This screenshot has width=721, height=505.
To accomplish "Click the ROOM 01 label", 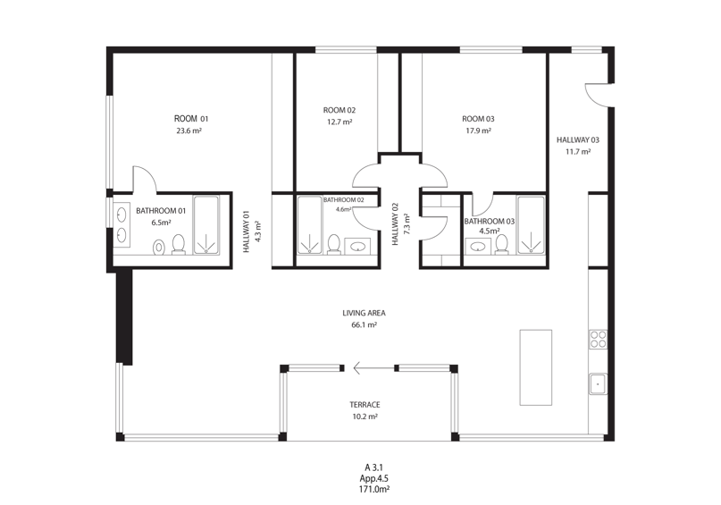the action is pyautogui.click(x=191, y=119).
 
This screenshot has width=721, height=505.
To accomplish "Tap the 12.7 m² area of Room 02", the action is pyautogui.click(x=340, y=122).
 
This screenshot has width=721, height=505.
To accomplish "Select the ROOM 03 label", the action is pyautogui.click(x=478, y=119).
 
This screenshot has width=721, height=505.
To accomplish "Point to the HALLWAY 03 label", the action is pyautogui.click(x=578, y=140).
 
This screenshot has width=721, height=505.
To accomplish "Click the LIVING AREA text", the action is pyautogui.click(x=364, y=313).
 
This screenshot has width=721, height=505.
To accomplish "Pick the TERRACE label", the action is pyautogui.click(x=365, y=405).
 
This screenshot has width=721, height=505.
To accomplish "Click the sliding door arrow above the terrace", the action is pyautogui.click(x=373, y=368).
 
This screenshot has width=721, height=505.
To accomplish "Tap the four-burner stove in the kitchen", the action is pyautogui.click(x=599, y=339).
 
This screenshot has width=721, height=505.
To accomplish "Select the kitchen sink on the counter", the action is pyautogui.click(x=599, y=383).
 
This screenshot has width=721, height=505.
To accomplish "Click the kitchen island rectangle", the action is pyautogui.click(x=536, y=367).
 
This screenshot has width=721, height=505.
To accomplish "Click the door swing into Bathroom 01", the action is pyautogui.click(x=145, y=179).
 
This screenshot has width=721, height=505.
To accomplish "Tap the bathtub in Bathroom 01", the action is pyautogui.click(x=206, y=225).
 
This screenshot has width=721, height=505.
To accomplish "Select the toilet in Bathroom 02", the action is pyautogui.click(x=333, y=245).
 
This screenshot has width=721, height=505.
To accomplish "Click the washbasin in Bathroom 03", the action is pyautogui.click(x=478, y=246).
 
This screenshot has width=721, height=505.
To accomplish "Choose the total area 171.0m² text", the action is pyautogui.click(x=374, y=490).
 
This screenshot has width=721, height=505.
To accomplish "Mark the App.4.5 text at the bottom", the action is pyautogui.click(x=373, y=479).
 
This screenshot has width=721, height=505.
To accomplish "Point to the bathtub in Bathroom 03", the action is pyautogui.click(x=531, y=225).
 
